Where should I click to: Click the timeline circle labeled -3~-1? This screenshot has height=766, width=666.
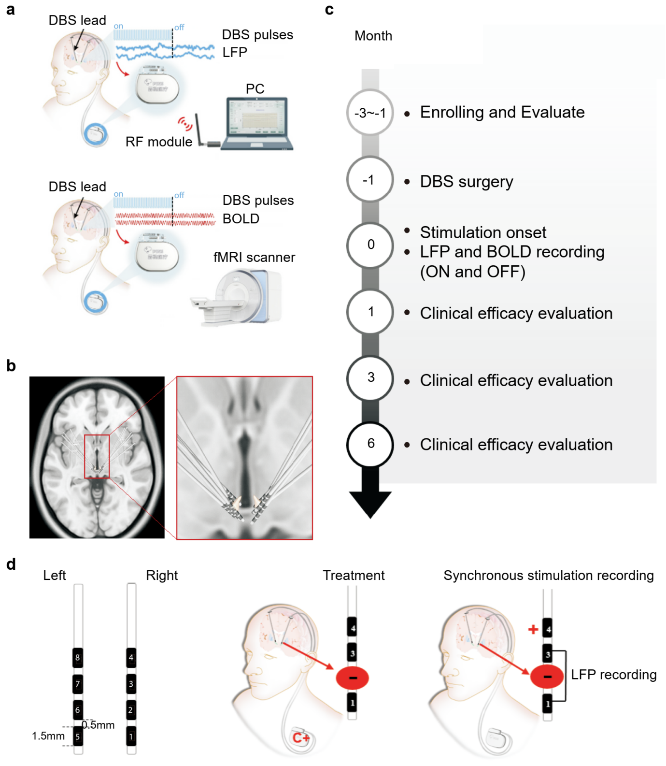click(x=370, y=113)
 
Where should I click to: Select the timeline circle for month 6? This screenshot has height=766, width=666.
click(x=370, y=444)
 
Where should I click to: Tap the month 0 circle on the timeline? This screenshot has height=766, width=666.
click(x=370, y=245)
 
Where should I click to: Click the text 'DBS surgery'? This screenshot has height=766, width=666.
click(x=466, y=182)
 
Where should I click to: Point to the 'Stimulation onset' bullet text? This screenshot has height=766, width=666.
click(x=483, y=232)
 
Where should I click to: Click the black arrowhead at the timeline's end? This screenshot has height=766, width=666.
click(x=370, y=503)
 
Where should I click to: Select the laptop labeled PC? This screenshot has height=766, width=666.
click(x=257, y=123)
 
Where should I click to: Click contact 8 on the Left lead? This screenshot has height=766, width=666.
click(x=78, y=657)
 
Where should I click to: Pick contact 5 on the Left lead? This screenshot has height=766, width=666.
click(x=78, y=737)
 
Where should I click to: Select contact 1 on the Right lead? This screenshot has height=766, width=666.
click(x=131, y=737)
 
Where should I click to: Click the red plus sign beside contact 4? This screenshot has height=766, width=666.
click(x=533, y=629)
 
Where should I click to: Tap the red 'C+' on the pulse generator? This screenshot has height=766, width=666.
click(x=301, y=738)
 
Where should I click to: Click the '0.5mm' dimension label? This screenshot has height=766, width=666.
click(x=99, y=725)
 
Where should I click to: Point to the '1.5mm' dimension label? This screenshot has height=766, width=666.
click(x=48, y=736)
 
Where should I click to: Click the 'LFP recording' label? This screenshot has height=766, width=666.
click(x=613, y=675)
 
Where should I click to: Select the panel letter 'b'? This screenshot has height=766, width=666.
click(x=11, y=366)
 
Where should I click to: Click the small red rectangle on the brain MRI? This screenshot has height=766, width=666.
click(x=97, y=456)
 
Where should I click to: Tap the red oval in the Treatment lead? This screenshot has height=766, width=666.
click(x=353, y=678)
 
